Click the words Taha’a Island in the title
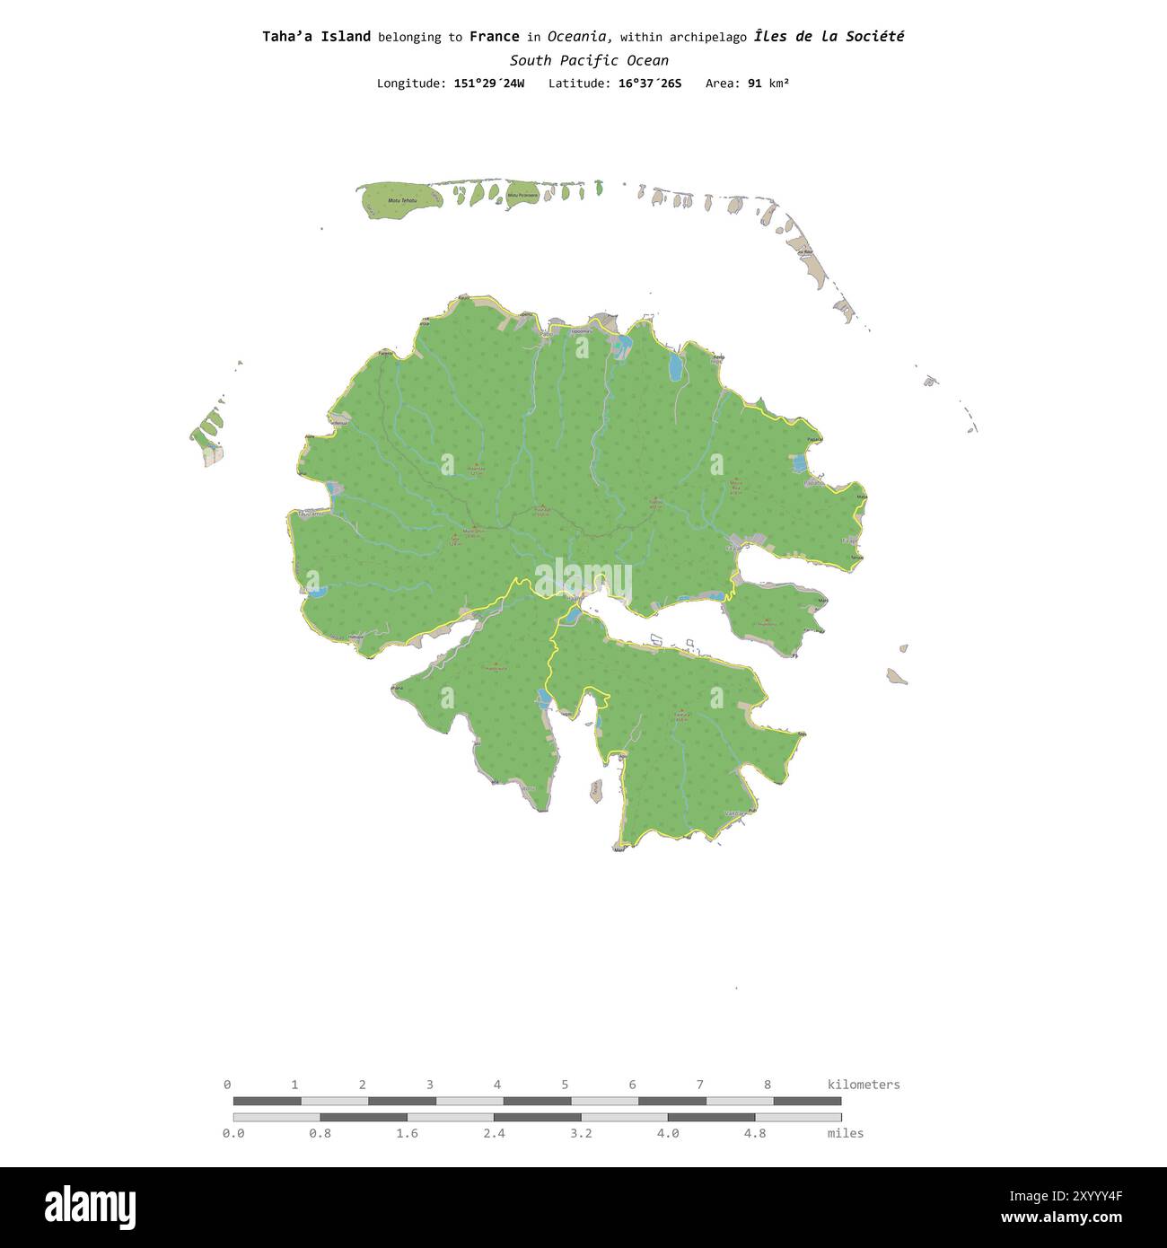click(316, 37)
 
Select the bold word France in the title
click(494, 37)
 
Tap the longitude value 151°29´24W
click(489, 83)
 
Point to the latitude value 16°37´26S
click(650, 83)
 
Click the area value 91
click(754, 83)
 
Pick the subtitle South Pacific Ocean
click(589, 61)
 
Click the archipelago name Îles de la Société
click(829, 37)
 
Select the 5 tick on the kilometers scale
click(565, 1085)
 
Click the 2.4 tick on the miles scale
click(494, 1133)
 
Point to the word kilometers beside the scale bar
click(864, 1085)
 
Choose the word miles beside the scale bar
click(846, 1133)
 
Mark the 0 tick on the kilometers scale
click(227, 1085)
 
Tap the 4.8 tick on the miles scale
click(755, 1133)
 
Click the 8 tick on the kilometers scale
click(768, 1085)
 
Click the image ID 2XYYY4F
click(1062, 1196)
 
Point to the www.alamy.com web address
click(1062, 1218)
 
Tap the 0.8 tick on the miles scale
click(320, 1133)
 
